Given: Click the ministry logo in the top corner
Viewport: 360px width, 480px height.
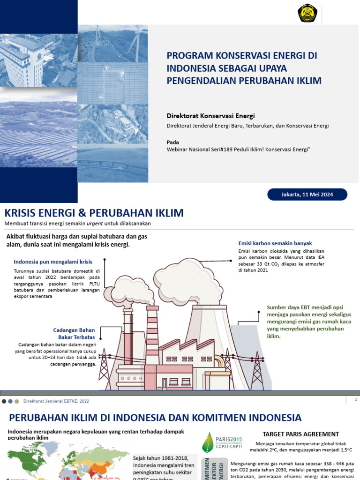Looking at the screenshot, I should [x=307, y=13].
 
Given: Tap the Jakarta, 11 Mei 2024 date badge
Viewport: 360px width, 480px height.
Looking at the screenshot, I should [x=307, y=195].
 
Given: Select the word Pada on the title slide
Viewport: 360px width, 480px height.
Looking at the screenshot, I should [x=173, y=142].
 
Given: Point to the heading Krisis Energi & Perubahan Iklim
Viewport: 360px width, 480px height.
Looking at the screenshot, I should [x=94, y=213].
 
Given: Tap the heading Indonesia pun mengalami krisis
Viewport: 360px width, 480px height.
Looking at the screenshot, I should [x=53, y=262].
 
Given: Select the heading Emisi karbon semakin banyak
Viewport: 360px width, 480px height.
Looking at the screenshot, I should [x=275, y=243].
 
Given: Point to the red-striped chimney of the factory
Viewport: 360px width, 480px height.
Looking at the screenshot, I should [x=152, y=333].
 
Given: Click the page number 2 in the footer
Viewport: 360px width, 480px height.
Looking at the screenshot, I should [x=356, y=399].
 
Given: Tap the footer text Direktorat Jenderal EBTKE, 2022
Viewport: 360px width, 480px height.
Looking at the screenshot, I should [x=63, y=401].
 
